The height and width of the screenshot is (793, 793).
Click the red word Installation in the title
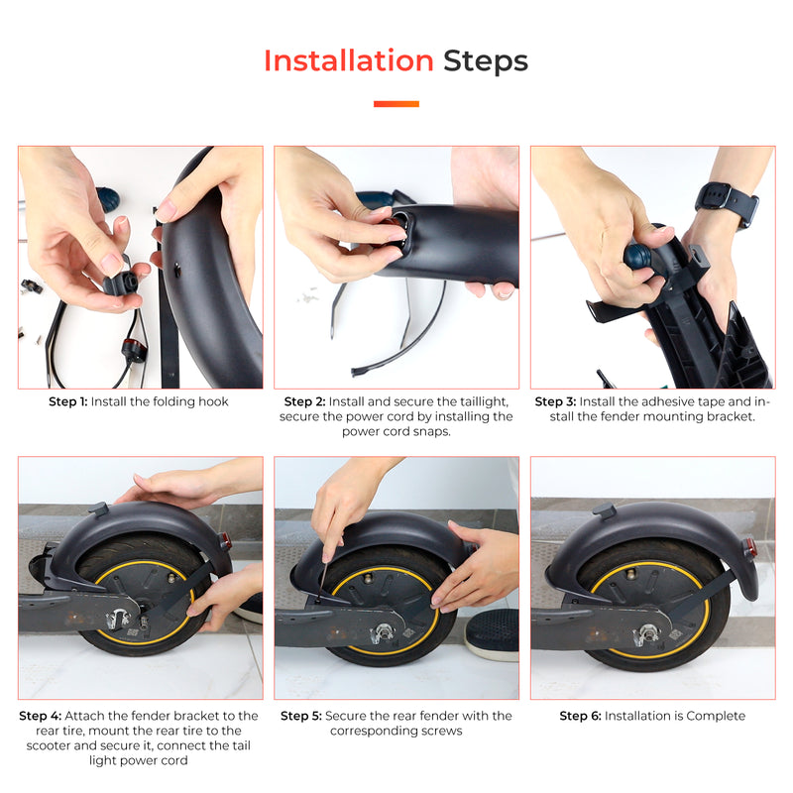tap(348, 61)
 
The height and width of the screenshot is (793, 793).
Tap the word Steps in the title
tap(486, 61)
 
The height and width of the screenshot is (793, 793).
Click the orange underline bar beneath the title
tap(396, 104)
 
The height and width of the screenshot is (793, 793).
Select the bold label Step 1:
tap(68, 402)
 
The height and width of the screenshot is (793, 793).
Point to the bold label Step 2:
tap(304, 401)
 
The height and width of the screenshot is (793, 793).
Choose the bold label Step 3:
tap(555, 401)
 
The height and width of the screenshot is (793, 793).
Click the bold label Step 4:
tap(41, 716)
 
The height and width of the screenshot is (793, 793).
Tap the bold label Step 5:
tap(300, 716)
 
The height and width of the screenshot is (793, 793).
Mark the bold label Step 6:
tap(580, 716)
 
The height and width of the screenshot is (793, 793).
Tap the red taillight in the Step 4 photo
tap(226, 541)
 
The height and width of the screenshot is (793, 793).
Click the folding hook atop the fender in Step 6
tap(603, 510)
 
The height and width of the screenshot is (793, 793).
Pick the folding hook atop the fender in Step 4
tap(97, 510)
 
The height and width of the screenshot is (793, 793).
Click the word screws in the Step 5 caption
tap(442, 731)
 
